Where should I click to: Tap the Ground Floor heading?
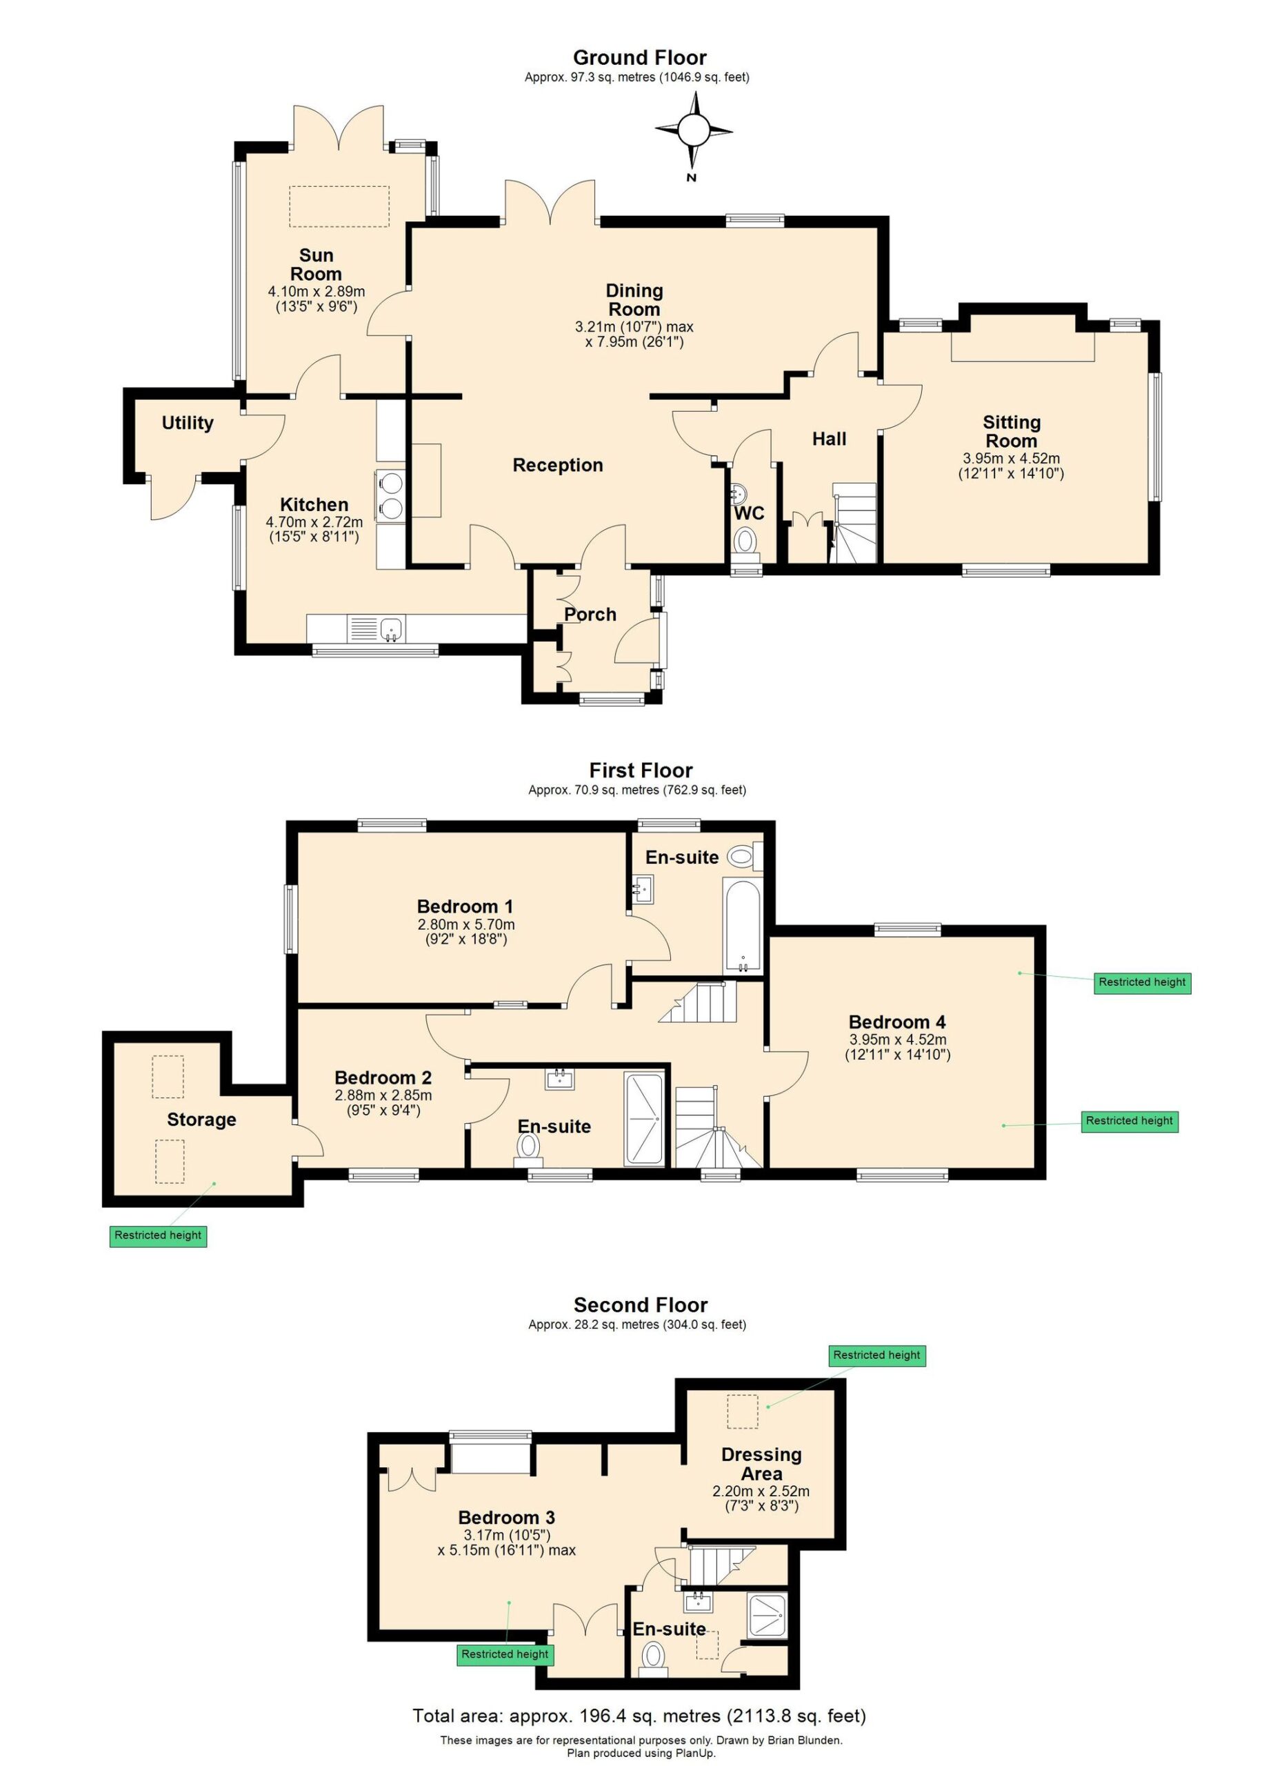pyautogui.click(x=640, y=58)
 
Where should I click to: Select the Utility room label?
pyautogui.click(x=188, y=423)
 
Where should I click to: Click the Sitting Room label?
pyautogui.click(x=1011, y=431)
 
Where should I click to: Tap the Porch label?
pyautogui.click(x=590, y=615)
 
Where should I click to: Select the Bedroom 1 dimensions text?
pyautogui.click(x=465, y=932)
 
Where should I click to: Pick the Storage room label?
pyautogui.click(x=201, y=1120)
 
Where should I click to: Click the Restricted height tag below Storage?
pyautogui.click(x=158, y=1235)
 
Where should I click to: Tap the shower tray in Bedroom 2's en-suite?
pyautogui.click(x=644, y=1120)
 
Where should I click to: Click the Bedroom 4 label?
pyautogui.click(x=897, y=1022)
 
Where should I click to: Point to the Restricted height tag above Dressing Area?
pyautogui.click(x=877, y=1355)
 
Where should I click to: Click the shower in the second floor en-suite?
pyautogui.click(x=768, y=1615)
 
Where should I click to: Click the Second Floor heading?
pyautogui.click(x=641, y=1305)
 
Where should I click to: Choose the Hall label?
pyautogui.click(x=829, y=439)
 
